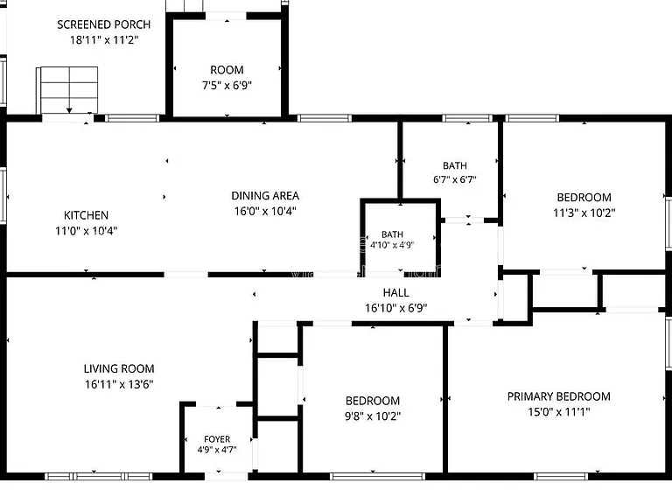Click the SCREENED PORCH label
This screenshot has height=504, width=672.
(104, 24)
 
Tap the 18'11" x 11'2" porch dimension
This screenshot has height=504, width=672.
(104, 40)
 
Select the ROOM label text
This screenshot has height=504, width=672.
(227, 70)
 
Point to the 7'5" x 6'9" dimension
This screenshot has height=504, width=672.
(227, 85)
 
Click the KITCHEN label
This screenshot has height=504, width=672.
(86, 215)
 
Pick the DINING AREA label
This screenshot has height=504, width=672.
(265, 196)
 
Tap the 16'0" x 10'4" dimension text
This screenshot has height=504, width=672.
(265, 211)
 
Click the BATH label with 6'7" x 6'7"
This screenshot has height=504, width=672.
(455, 165)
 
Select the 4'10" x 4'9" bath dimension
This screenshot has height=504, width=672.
(392, 245)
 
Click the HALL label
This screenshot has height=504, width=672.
(396, 293)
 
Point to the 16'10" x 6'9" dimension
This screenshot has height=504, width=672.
(396, 308)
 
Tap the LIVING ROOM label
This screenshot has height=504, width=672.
(119, 368)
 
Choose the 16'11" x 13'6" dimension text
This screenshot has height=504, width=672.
(119, 384)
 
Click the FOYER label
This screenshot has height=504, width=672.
(217, 439)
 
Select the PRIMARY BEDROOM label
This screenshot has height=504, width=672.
(559, 396)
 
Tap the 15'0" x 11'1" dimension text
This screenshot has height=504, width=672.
(559, 412)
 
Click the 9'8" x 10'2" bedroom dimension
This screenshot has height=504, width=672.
(373, 416)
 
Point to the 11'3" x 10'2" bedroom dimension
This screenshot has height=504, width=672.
(584, 213)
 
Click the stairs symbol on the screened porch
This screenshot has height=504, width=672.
(68, 90)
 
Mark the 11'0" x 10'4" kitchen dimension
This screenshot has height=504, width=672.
(86, 231)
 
